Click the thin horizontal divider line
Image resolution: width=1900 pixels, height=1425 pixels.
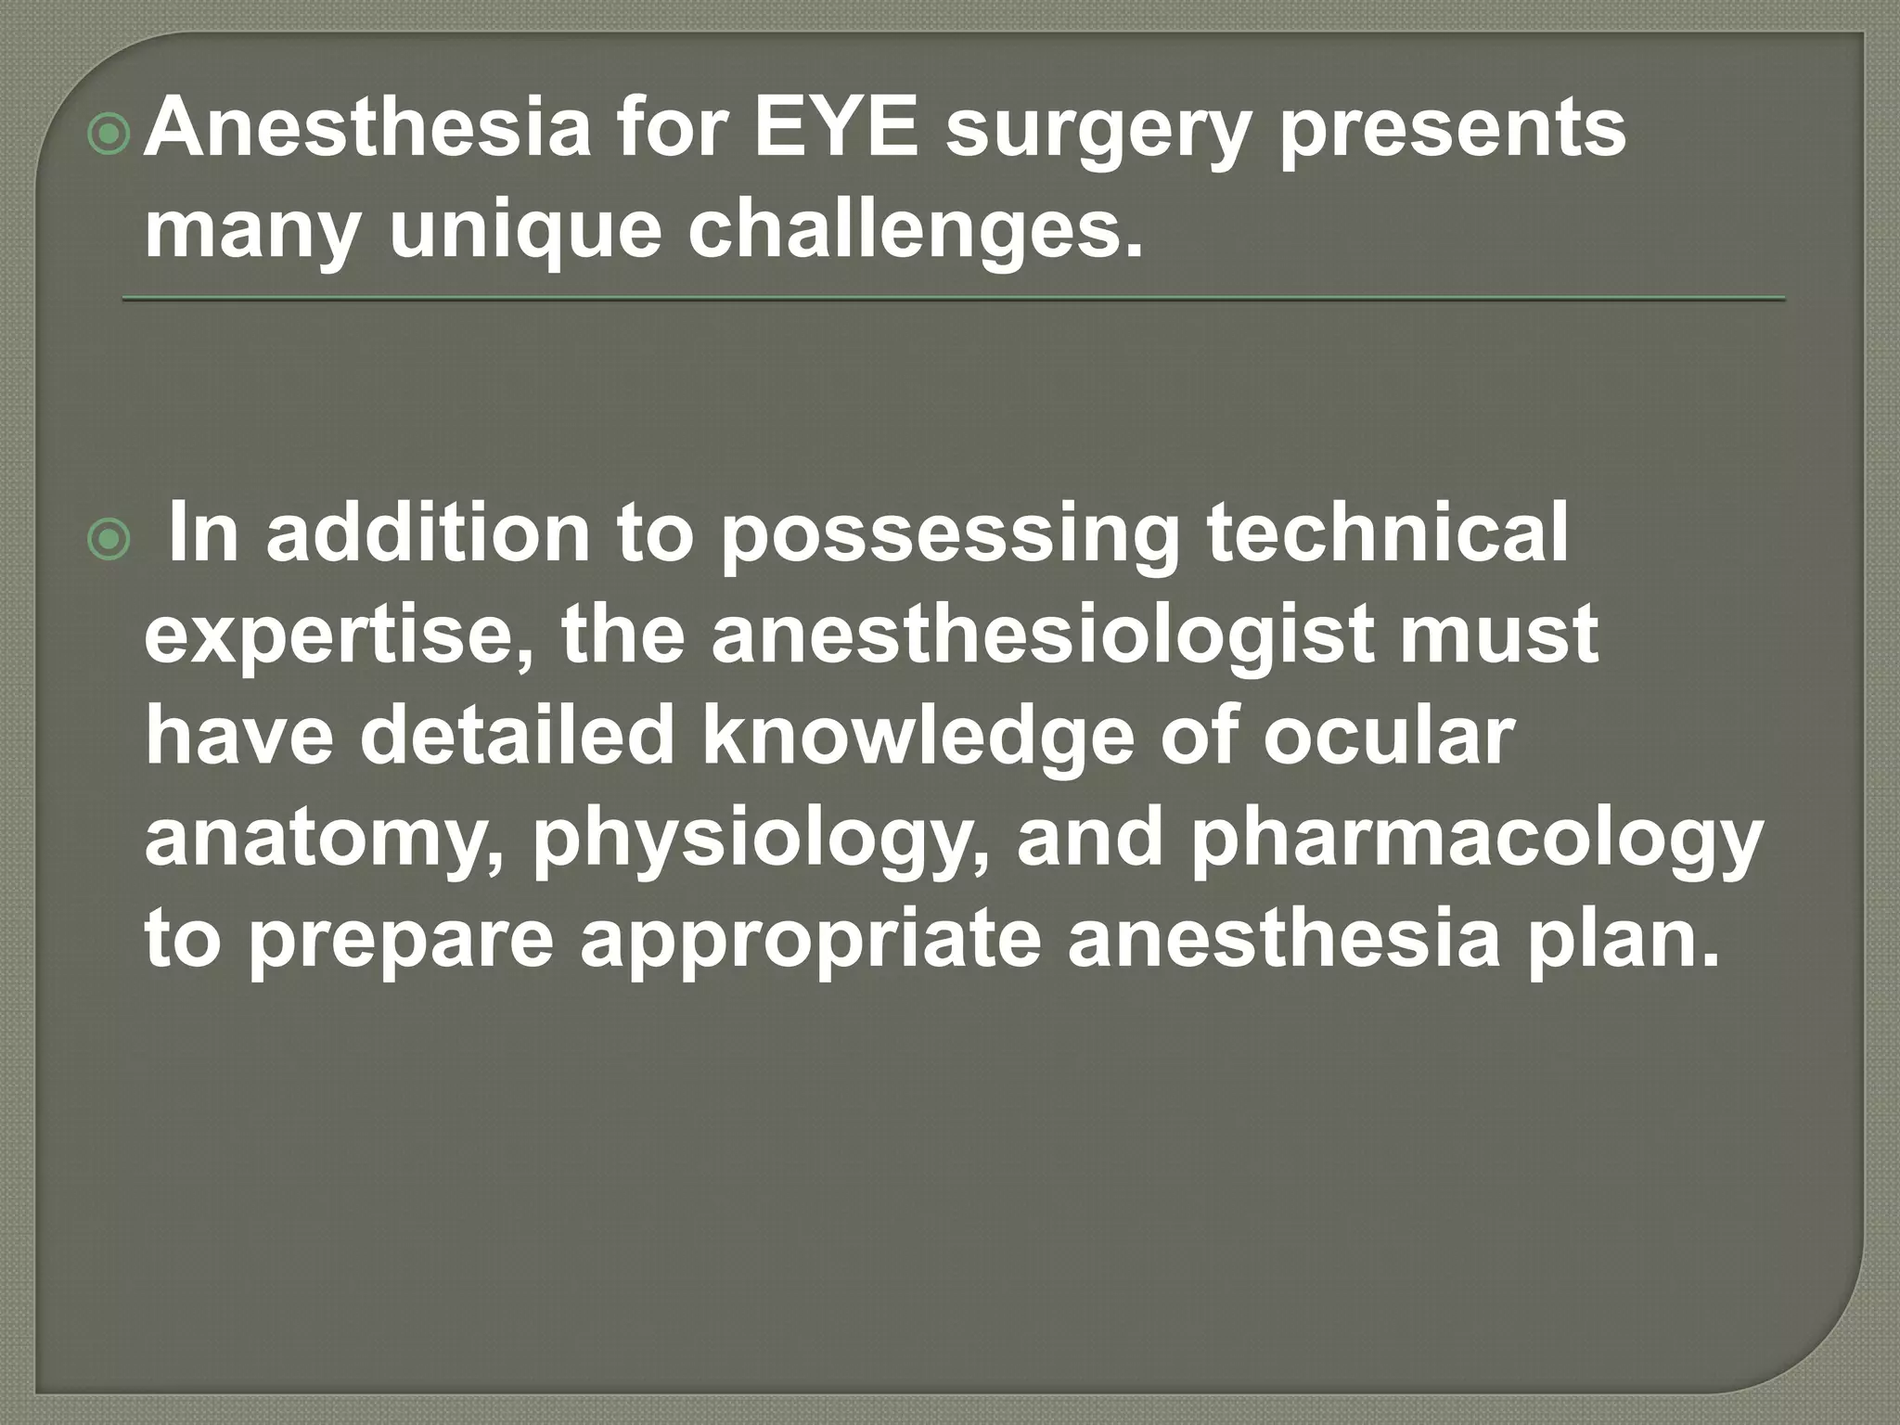954,299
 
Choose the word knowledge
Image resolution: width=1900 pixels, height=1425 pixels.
918,738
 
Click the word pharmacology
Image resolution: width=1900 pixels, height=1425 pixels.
1475,840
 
